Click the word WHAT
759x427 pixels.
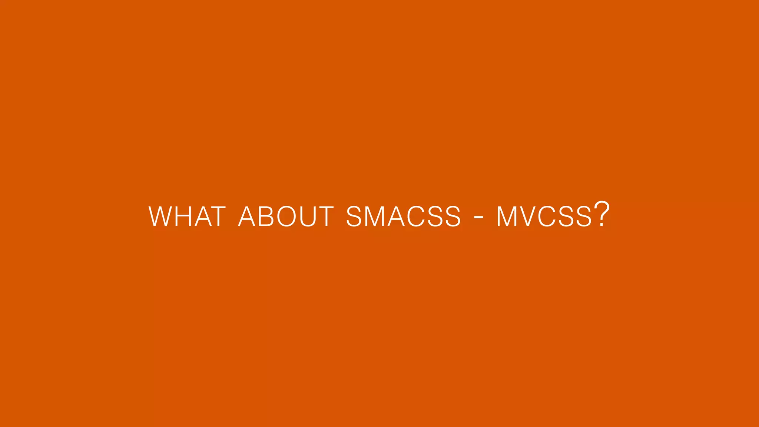187,216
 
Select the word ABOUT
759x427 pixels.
286,216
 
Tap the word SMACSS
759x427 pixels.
404,216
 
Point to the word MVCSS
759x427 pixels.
544,216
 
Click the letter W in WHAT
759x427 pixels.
160,216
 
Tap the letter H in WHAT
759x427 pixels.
183,216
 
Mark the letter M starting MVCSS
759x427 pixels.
507,216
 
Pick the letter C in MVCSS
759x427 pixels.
547,216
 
